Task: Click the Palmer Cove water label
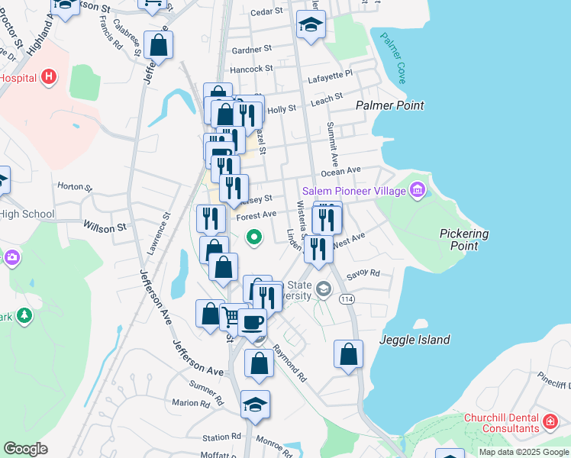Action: [x=392, y=57]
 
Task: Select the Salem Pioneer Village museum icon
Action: [x=417, y=189]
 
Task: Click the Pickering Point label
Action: [x=464, y=240]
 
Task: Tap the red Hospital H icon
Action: [x=49, y=76]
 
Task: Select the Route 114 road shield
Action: [x=347, y=298]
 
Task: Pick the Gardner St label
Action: [x=251, y=49]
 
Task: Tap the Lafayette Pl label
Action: [x=330, y=74]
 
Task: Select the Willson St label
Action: [x=105, y=227]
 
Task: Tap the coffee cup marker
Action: [x=252, y=321]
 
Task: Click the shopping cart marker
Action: [x=231, y=314]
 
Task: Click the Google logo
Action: [x=25, y=449]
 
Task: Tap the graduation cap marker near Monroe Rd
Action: [x=255, y=405]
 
